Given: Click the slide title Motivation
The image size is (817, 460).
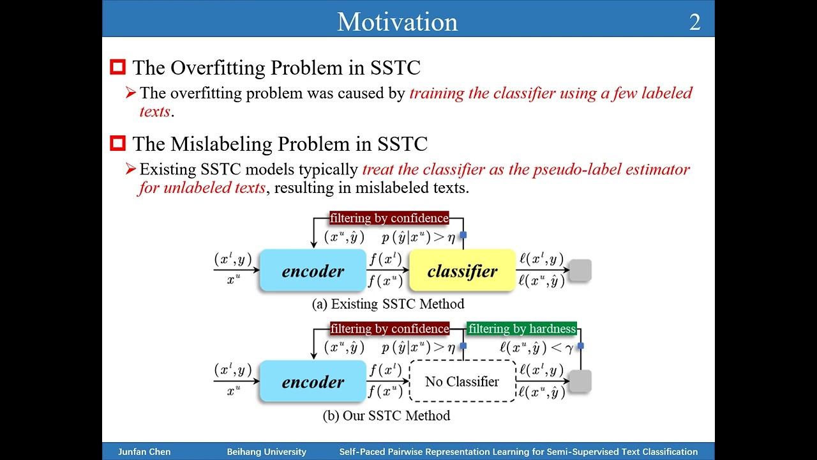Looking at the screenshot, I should (397, 22).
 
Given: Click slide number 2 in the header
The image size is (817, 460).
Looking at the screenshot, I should (694, 22).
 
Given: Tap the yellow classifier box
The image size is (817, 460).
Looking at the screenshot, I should (462, 271).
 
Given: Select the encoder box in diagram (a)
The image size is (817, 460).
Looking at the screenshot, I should (313, 271).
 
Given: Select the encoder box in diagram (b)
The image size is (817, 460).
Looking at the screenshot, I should (313, 382).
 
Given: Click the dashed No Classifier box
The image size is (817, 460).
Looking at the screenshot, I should (462, 381).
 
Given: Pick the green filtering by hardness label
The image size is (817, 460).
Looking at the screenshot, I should (521, 329).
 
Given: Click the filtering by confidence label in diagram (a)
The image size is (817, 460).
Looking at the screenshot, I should (389, 218).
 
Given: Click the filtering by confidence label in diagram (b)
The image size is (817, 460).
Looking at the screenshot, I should (389, 329).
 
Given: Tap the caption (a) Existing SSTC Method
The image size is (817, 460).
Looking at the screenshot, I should (387, 304).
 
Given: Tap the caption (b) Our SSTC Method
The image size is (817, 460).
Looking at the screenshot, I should (386, 416).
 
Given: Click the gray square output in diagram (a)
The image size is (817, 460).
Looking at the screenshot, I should (580, 270).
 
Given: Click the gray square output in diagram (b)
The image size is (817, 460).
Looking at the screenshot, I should (580, 381).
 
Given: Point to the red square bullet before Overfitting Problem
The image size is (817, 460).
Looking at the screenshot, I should (117, 67).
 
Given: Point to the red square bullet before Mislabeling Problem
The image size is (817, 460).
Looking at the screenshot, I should (117, 143).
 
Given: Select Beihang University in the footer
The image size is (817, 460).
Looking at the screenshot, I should (266, 452).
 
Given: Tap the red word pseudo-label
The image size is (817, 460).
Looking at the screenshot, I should (587, 169).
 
